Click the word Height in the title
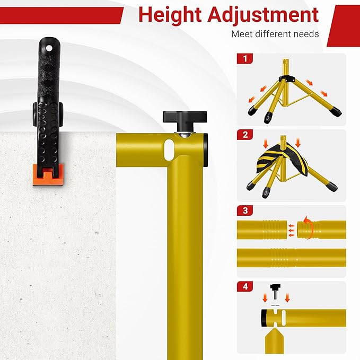(x=170, y=15)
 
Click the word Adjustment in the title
(x=263, y=15)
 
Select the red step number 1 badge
(x=245, y=58)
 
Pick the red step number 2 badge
(x=245, y=135)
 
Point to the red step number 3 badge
(x=245, y=210)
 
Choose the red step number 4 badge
(x=245, y=286)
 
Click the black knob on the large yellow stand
(x=185, y=117)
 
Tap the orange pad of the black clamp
(x=48, y=174)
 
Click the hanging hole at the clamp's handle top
(x=49, y=48)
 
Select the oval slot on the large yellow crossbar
(x=169, y=150)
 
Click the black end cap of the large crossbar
(x=206, y=150)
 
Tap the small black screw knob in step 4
(x=275, y=291)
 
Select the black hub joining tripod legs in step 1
(x=287, y=78)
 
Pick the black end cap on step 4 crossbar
(x=264, y=318)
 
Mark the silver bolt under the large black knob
(x=185, y=135)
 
